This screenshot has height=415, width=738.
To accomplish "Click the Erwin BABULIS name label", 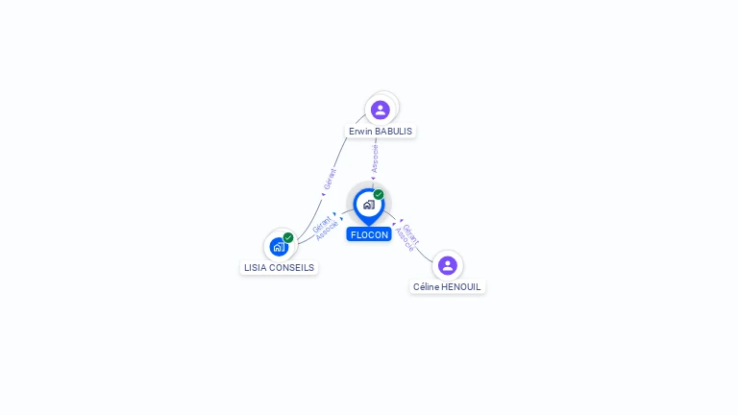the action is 381,131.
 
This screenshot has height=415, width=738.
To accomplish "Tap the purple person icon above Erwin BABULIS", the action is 381,110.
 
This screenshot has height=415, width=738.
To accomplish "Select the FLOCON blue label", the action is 369,234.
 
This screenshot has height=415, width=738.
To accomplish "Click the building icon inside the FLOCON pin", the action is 368,205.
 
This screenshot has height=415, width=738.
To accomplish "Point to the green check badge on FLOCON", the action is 379,194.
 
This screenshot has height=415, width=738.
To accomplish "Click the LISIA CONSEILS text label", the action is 279,268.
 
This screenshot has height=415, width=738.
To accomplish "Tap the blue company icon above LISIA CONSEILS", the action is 278,247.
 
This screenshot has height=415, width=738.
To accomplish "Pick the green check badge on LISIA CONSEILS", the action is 288,237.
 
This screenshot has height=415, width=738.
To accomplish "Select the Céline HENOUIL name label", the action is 447,286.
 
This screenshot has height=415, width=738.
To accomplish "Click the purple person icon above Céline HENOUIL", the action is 447,265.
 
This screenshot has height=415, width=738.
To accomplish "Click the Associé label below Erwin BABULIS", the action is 375,159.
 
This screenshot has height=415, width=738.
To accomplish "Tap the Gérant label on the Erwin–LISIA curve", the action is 331,180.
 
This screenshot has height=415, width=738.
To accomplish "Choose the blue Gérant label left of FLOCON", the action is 321,224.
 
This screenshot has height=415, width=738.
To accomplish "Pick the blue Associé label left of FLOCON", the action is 327,232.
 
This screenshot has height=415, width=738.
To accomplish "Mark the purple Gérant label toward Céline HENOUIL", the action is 411,232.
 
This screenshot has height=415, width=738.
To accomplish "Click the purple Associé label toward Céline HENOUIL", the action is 405,240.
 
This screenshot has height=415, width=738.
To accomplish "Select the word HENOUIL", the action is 460,286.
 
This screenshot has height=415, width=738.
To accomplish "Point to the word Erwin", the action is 360,131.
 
